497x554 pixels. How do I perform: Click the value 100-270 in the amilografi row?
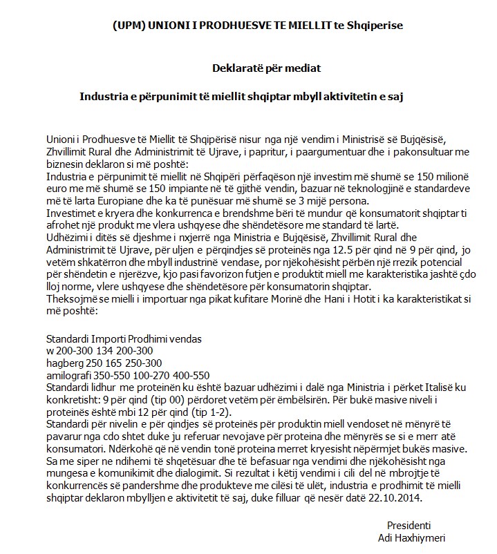(137, 374)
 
